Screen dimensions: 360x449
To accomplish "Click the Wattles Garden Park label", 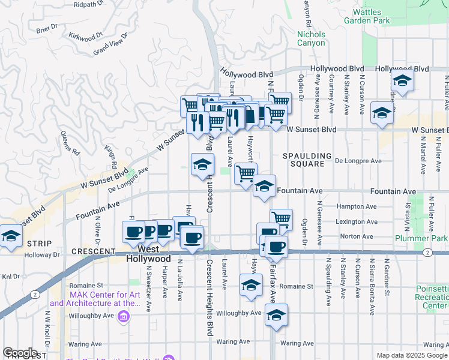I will click(379, 16).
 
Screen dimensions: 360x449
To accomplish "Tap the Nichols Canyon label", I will click(311, 38).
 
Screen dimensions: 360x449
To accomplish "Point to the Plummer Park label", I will click(421, 238).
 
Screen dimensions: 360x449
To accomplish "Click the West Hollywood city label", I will click(149, 253).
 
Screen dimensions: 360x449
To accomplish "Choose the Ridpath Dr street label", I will click(89, 4).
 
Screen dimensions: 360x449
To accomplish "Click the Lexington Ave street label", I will click(358, 221).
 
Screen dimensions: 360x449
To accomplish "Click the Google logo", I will click(20, 353).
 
